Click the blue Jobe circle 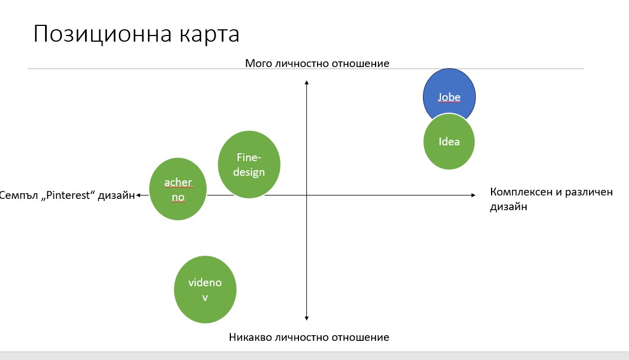[449, 93]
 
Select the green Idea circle [449, 141]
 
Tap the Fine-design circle [249, 164]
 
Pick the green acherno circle [178, 189]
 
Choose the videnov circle [205, 290]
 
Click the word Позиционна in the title [103, 34]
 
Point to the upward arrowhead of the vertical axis [306, 82]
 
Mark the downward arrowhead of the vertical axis [306, 318]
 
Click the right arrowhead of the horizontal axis [474, 195]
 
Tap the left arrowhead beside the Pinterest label [138, 195]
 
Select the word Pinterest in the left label [68, 195]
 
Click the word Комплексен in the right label [521, 192]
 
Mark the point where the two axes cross [306, 195]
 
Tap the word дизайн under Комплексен [508, 207]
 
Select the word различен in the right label [589, 192]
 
